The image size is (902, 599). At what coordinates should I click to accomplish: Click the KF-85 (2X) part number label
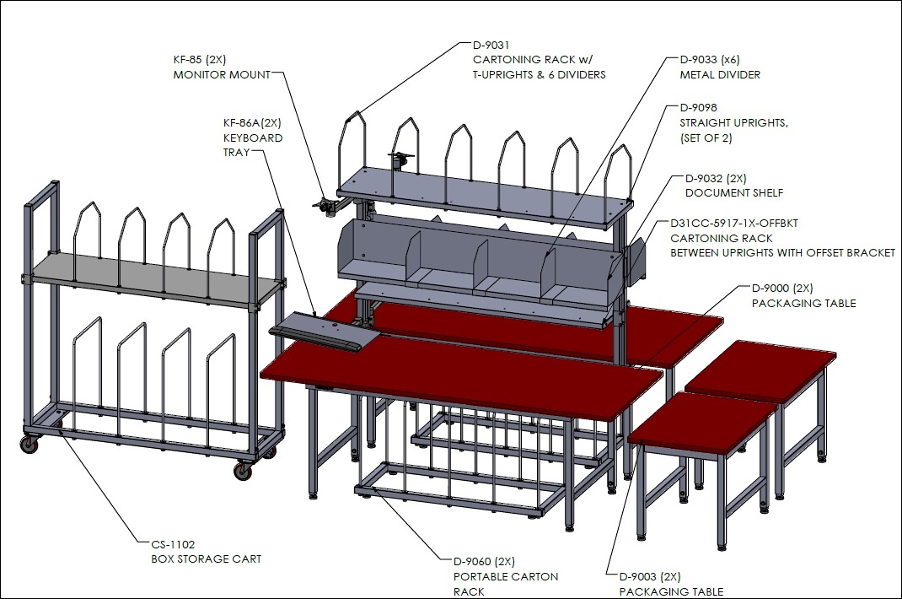click(x=200, y=59)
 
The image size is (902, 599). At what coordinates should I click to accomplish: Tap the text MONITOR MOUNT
click(x=222, y=74)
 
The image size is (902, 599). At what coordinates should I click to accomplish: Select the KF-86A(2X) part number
click(x=252, y=122)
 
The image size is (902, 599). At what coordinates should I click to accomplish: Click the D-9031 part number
click(x=491, y=45)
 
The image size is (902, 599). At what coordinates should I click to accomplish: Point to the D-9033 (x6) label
click(x=710, y=59)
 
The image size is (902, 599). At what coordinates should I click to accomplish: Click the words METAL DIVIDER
click(x=720, y=74)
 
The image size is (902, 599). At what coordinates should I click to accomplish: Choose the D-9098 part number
click(x=698, y=107)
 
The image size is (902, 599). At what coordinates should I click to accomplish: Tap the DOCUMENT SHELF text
click(x=734, y=193)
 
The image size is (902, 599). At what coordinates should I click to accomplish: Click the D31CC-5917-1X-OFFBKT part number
click(x=734, y=223)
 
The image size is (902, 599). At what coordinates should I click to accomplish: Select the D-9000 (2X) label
click(x=782, y=288)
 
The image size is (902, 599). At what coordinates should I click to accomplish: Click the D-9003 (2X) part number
click(x=649, y=576)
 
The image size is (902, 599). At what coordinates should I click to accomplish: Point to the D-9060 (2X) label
click(x=484, y=561)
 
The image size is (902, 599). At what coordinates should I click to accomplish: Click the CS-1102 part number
click(x=173, y=543)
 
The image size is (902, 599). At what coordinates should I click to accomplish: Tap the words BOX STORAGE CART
click(x=206, y=559)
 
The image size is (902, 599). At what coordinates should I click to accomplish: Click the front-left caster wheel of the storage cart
click(x=30, y=444)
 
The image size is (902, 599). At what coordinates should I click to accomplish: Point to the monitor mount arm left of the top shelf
click(x=333, y=204)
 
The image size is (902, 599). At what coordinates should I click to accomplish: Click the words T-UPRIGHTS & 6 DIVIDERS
click(x=539, y=74)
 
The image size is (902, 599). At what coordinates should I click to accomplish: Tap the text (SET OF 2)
click(x=706, y=138)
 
